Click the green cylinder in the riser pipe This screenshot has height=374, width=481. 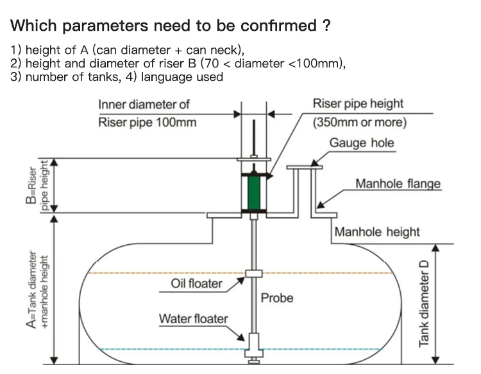[x=254, y=193]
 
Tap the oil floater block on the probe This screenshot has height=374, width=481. [x=254, y=274]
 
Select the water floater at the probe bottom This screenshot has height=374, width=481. [x=254, y=345]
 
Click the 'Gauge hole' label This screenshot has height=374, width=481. [x=362, y=143]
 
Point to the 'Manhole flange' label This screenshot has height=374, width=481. [x=398, y=184]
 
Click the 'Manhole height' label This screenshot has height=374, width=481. [x=377, y=232]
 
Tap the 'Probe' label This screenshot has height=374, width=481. [x=277, y=298]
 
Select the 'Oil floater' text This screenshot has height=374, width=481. [x=196, y=283]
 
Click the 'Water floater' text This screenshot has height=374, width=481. [x=193, y=319]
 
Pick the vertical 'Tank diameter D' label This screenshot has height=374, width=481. [x=424, y=304]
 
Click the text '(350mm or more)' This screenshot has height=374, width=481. [x=360, y=122]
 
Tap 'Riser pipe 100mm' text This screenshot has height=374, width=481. [x=148, y=122]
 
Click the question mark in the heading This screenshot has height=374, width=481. [x=326, y=25]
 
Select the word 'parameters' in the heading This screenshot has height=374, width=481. [x=106, y=26]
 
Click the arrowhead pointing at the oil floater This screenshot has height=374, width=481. [x=240, y=281]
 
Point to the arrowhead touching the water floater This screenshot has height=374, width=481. [x=240, y=337]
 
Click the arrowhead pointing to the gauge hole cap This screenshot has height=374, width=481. [x=314, y=163]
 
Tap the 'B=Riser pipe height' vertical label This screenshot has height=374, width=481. [x=37, y=185]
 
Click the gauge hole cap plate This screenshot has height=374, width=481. [x=304, y=168]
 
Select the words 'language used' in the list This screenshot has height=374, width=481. [x=182, y=77]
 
